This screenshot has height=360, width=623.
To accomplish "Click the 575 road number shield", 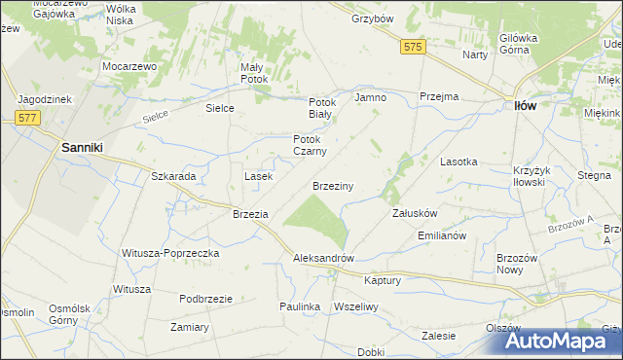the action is pyautogui.click(x=413, y=46).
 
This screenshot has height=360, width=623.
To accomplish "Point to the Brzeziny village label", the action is pyautogui.click(x=332, y=185).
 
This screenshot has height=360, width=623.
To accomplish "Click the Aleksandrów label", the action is pyautogui.click(x=323, y=259).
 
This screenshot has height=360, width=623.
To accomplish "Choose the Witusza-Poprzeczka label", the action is pyautogui.click(x=170, y=253).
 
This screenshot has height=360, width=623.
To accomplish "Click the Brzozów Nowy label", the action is pyautogui.click(x=517, y=265).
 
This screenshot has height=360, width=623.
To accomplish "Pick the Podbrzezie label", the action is pyautogui.click(x=205, y=299).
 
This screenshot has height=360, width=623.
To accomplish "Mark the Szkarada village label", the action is pyautogui.click(x=173, y=176).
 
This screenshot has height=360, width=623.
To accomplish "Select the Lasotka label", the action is pyautogui.click(x=458, y=162).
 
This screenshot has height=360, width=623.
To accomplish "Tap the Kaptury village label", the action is pyautogui.click(x=382, y=280).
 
